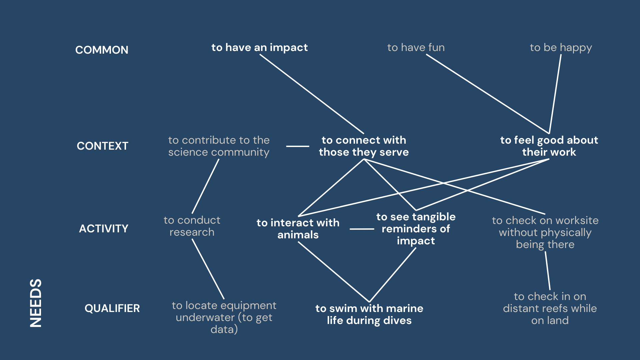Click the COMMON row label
pos(102,50)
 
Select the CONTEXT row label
pos(102,146)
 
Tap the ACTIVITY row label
pos(103,229)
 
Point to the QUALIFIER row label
pos(112,308)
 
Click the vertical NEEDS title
pos(36,303)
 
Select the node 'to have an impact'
pos(259,48)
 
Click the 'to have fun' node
pos(416,48)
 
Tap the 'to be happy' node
pos(561,48)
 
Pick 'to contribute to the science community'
pos(219,146)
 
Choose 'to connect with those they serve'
pos(364,146)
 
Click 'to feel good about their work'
pos(549,146)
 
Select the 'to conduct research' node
pos(192,226)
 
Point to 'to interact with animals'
pos(298,229)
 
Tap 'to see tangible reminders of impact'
pos(416,229)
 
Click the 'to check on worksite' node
pos(545,232)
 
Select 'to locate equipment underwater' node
pos(224,317)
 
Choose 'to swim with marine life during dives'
pos(369,314)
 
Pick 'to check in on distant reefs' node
pos(550,308)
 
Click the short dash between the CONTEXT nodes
pos(298,146)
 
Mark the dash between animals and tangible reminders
pos(362,229)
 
